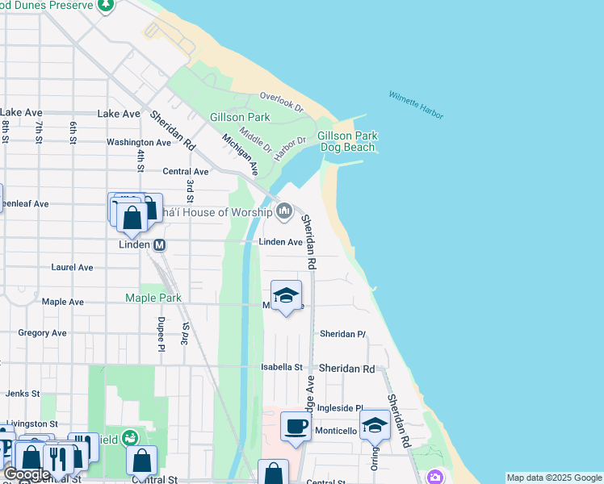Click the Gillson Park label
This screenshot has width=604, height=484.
click(x=239, y=117)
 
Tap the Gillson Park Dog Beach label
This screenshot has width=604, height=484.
click(x=347, y=142)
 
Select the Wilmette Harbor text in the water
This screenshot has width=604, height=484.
click(x=416, y=105)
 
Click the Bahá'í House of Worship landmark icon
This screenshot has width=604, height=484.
click(x=283, y=212)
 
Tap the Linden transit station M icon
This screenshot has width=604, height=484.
click(x=159, y=244)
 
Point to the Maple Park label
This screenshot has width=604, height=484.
click(x=153, y=298)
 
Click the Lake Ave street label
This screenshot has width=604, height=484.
click(x=119, y=114)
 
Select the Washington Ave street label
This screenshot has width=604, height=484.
click(x=139, y=142)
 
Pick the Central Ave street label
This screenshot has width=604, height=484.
click(x=186, y=171)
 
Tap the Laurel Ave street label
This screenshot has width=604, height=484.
click(x=72, y=267)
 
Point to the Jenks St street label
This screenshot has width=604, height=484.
click(x=17, y=394)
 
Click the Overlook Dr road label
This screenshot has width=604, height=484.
click(x=281, y=102)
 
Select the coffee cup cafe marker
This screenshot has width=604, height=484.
click(x=296, y=426)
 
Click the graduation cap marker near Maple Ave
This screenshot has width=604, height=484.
click(x=286, y=296)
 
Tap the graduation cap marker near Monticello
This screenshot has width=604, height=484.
click(x=375, y=424)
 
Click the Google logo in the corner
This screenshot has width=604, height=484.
click(x=27, y=474)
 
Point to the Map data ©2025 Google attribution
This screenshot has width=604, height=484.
click(x=553, y=478)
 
